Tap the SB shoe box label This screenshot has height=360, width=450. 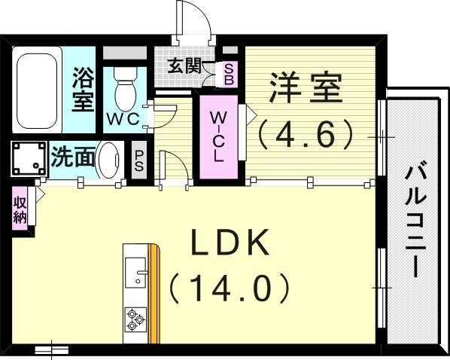229,73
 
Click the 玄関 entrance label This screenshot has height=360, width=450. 184,65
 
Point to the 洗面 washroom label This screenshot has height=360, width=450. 73,158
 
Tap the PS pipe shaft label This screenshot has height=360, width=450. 138,160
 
